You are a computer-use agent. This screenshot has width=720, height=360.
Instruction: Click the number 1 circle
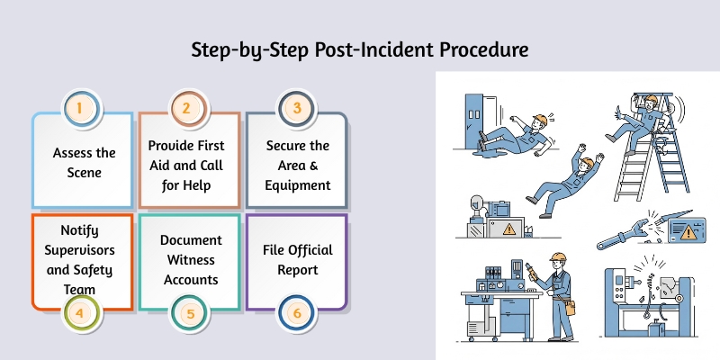click(79, 110)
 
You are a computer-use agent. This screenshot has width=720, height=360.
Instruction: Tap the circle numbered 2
click(186, 110)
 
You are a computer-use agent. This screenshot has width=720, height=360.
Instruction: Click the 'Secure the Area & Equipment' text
click(297, 165)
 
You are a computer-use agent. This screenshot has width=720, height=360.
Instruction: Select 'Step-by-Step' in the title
click(244, 48)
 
